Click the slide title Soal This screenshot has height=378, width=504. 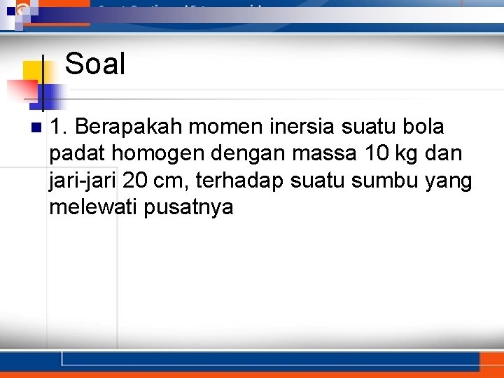(x=95, y=64)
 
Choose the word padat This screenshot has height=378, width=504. (x=76, y=154)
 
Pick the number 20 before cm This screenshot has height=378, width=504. (x=136, y=181)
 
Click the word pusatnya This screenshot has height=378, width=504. (x=188, y=208)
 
